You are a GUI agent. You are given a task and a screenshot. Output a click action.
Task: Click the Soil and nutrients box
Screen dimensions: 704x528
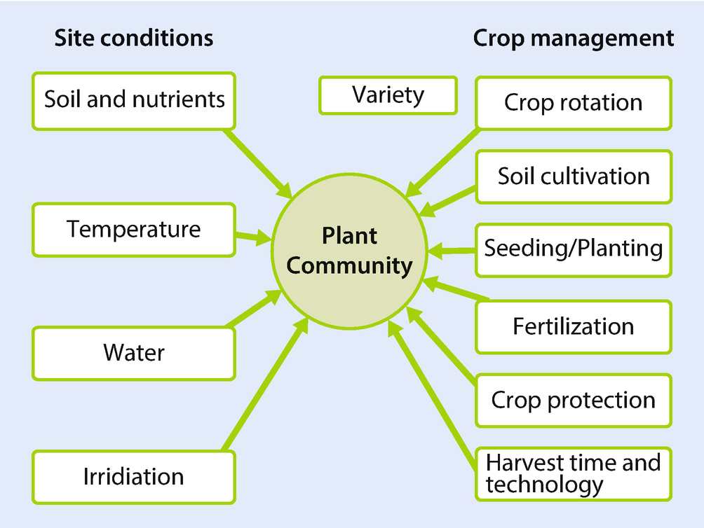[x=134, y=102]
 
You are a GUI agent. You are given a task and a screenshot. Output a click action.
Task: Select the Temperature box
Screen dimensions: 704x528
[x=134, y=230]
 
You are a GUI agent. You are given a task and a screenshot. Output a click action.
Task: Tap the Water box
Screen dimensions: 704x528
[x=134, y=354]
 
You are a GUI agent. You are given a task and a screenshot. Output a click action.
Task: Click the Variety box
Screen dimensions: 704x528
[x=388, y=95]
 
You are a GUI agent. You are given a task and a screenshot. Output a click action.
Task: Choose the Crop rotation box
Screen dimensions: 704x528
[x=574, y=103]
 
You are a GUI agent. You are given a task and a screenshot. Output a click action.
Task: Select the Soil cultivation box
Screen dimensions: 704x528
[x=574, y=177]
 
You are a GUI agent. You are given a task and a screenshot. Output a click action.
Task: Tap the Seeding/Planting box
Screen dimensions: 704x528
[x=574, y=250]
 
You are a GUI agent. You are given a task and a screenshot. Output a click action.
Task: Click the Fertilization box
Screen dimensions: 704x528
[x=574, y=327]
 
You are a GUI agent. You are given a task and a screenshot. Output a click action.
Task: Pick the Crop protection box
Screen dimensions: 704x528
[x=574, y=401]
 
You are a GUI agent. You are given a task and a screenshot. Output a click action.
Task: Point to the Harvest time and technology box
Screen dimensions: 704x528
[x=574, y=474]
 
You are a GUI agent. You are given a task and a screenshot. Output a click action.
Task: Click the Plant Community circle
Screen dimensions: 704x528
[x=349, y=251]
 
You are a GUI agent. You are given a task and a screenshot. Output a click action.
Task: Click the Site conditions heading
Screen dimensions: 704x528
[x=134, y=38]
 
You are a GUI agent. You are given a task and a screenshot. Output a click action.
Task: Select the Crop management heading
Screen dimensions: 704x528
[x=574, y=39]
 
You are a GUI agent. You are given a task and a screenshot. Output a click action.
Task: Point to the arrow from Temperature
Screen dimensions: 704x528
[x=253, y=237]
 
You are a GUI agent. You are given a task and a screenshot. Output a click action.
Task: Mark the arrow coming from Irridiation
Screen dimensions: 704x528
[x=266, y=384]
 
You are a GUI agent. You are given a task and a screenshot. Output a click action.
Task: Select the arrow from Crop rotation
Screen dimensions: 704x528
[x=441, y=163]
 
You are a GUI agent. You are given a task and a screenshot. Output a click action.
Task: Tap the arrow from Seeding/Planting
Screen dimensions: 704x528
[x=452, y=251]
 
